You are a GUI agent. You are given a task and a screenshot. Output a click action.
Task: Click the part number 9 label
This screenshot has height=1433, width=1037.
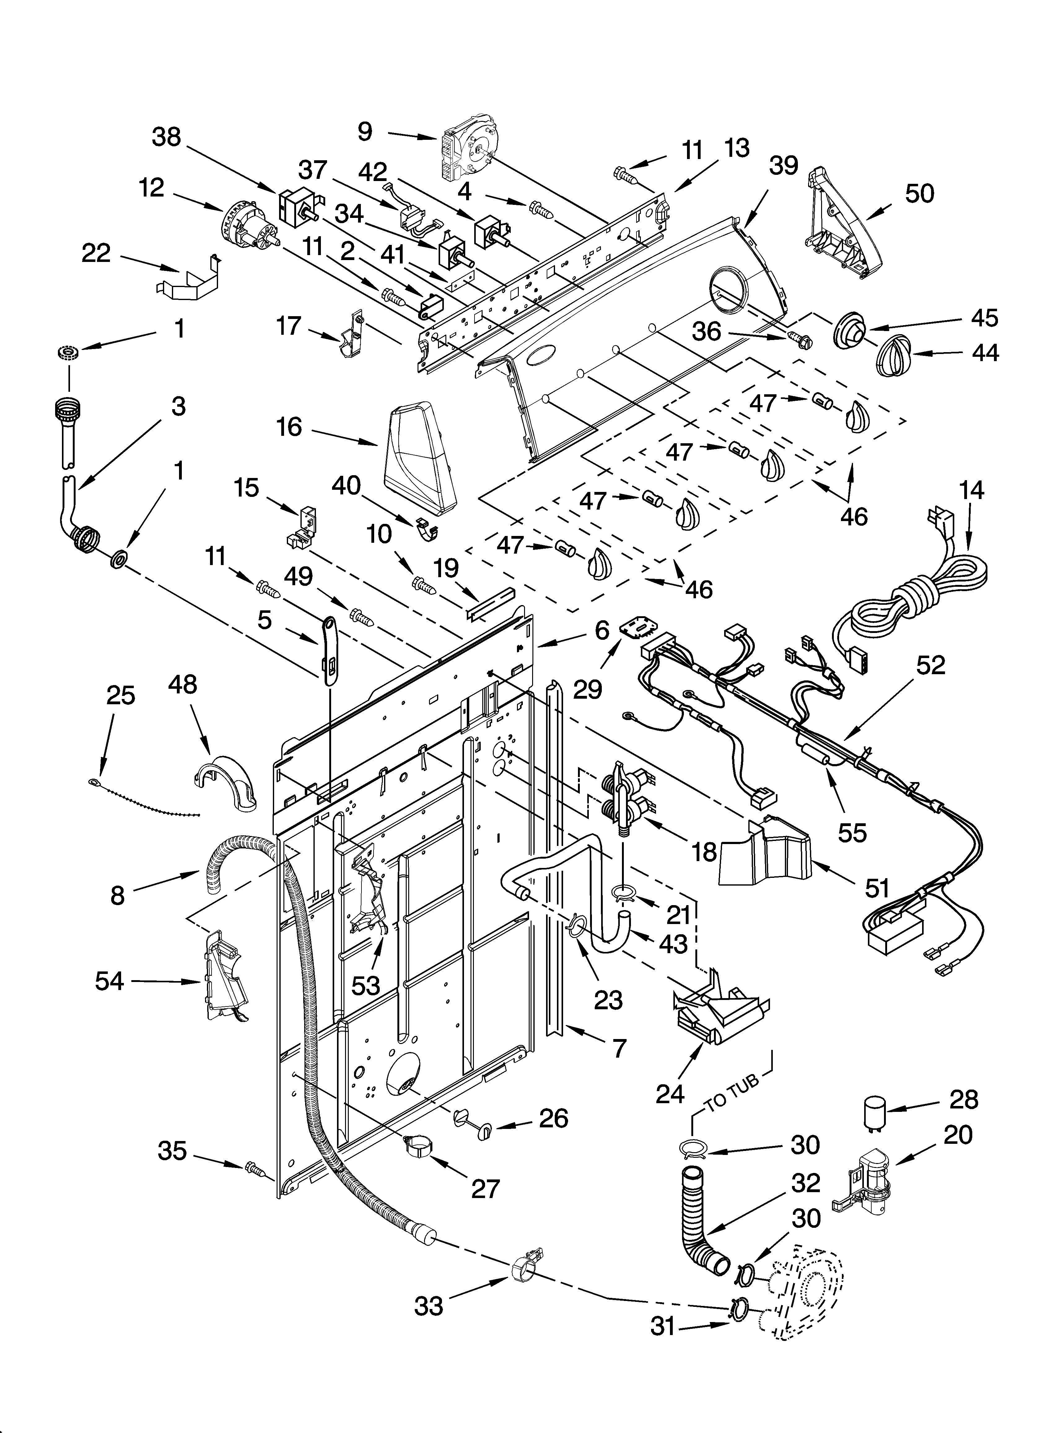(x=365, y=131)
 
